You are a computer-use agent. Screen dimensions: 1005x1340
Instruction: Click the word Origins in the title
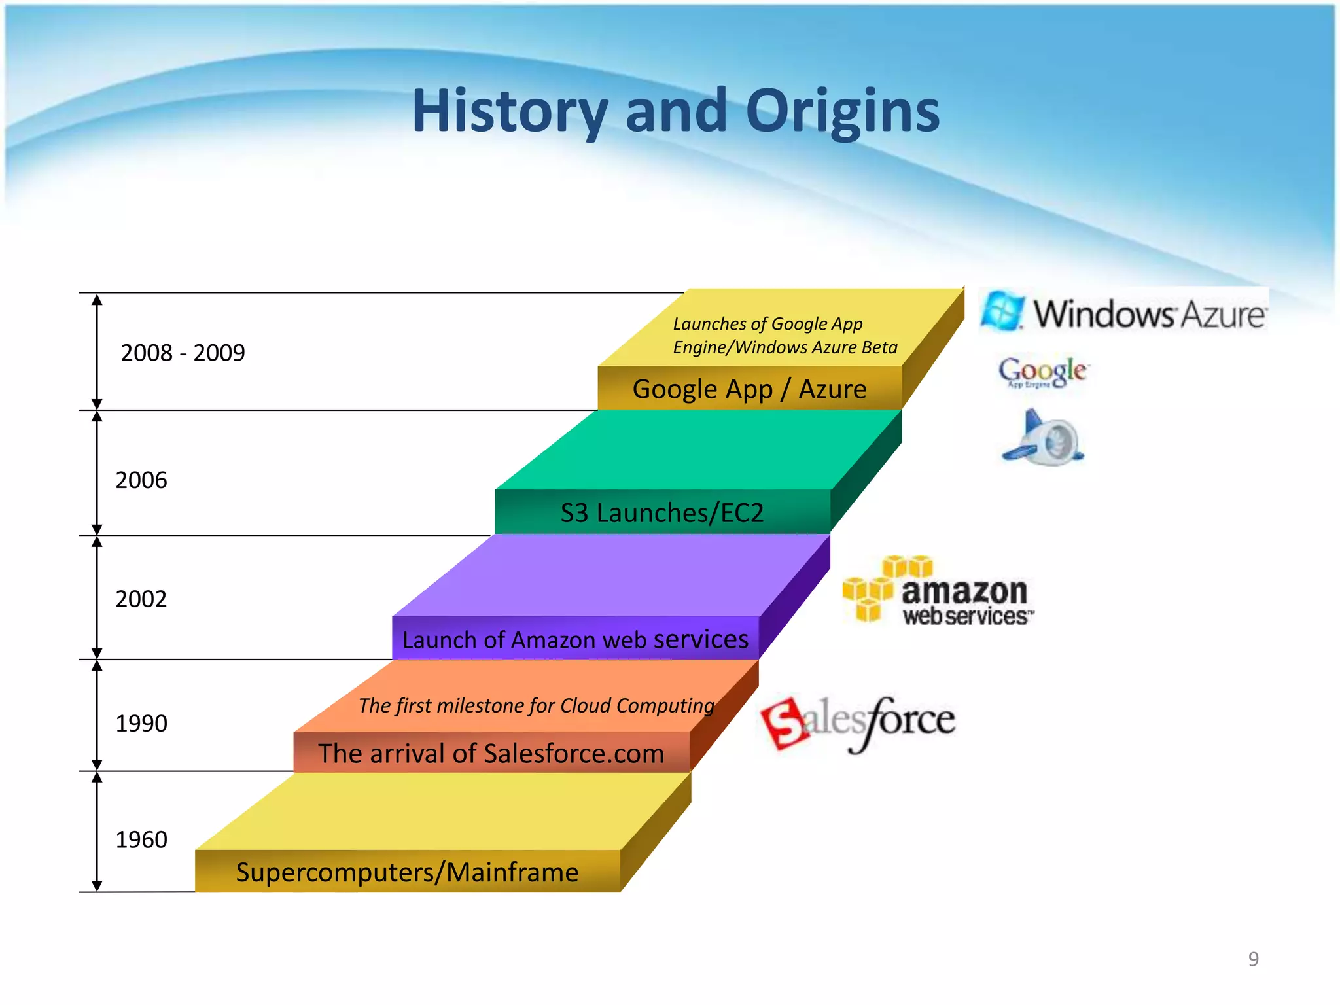[x=842, y=111]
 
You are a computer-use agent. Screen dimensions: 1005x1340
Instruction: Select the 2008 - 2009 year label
[x=183, y=353]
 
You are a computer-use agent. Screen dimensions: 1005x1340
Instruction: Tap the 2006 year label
[x=141, y=480]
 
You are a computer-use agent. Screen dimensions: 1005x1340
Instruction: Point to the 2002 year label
[x=141, y=599]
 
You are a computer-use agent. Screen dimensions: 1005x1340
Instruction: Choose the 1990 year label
[x=141, y=724]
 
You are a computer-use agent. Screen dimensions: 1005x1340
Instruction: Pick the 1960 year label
[x=141, y=840]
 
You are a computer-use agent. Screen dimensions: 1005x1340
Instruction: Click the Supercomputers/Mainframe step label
[x=407, y=872]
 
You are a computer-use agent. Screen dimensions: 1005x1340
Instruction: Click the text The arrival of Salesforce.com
[x=491, y=754]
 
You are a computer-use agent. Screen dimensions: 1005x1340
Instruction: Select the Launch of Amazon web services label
[x=575, y=639]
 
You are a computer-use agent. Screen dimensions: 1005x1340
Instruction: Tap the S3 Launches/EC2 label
[x=661, y=513]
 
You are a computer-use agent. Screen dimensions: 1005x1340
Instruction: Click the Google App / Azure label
[x=749, y=389]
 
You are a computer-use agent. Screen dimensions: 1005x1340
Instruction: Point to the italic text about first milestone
[x=536, y=705]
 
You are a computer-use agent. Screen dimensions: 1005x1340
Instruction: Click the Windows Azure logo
[x=1123, y=312]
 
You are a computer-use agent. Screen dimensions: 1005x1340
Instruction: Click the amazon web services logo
[x=938, y=592]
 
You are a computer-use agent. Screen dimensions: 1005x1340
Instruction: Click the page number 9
[x=1253, y=959]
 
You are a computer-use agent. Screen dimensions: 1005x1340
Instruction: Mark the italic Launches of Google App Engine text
[x=785, y=336]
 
